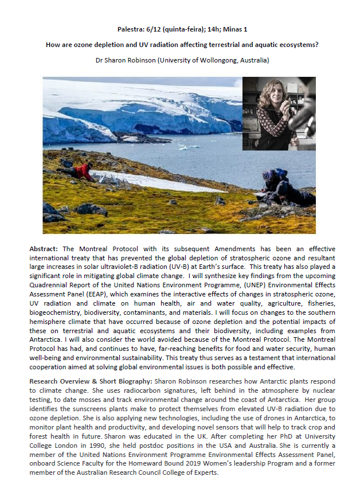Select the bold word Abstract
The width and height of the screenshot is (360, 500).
coord(44,250)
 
